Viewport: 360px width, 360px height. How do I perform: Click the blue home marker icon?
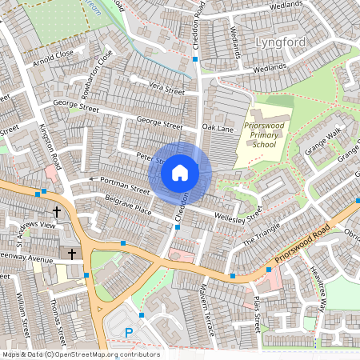pyautogui.click(x=180, y=172)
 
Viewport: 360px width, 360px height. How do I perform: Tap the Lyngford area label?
pyautogui.click(x=281, y=41)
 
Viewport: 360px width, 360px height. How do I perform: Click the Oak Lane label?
pyautogui.click(x=217, y=128)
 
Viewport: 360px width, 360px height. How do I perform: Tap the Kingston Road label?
pyautogui.click(x=51, y=148)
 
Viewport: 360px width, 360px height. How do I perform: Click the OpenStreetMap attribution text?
pyautogui.click(x=81, y=354)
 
